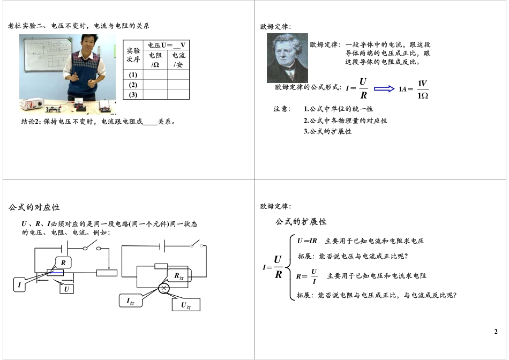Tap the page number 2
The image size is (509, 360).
pyautogui.click(x=496, y=332)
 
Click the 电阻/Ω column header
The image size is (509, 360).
pyautogui.click(x=155, y=59)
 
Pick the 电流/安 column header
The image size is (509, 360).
pyautogui.click(x=178, y=59)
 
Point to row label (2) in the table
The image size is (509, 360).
pyautogui.click(x=133, y=85)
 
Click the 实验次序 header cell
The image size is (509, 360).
pyautogui.click(x=133, y=55)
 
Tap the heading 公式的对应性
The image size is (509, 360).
pyautogui.click(x=34, y=207)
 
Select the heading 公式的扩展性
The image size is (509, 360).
pyautogui.click(x=301, y=221)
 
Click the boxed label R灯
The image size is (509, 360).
pyautogui.click(x=178, y=276)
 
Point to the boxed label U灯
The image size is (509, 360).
pyautogui.click(x=185, y=305)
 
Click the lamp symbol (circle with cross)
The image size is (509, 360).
pyautogui.click(x=164, y=288)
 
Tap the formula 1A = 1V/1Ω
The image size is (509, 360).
pyautogui.click(x=414, y=89)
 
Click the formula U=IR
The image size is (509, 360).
pyautogui.click(x=307, y=241)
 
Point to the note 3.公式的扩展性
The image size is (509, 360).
pyautogui.click(x=327, y=131)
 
